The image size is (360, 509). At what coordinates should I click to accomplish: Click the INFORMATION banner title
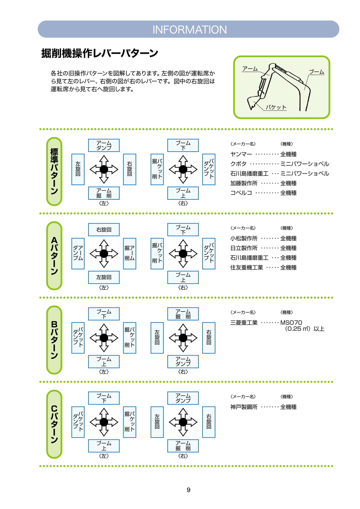click(190, 29)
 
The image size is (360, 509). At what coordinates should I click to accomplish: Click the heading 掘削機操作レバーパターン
click(100, 53)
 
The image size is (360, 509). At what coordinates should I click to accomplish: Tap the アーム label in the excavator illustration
click(250, 69)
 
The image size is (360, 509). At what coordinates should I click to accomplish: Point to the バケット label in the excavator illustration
click(276, 107)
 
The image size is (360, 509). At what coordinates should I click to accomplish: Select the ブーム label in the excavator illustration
click(317, 72)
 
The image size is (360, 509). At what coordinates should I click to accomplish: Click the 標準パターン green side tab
click(54, 171)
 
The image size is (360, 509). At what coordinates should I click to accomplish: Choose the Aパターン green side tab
click(54, 256)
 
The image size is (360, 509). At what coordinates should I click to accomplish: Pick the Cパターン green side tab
click(54, 424)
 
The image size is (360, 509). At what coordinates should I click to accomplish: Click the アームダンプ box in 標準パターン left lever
click(104, 145)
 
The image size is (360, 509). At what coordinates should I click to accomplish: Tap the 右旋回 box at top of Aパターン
click(104, 230)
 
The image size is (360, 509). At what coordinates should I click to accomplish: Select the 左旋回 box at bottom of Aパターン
click(104, 277)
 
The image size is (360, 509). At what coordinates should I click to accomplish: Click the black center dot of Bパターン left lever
click(104, 338)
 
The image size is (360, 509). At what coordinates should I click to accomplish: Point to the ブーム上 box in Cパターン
click(104, 446)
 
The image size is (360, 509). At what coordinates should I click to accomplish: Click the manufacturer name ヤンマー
click(241, 154)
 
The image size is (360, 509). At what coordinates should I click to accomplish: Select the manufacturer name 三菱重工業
click(244, 323)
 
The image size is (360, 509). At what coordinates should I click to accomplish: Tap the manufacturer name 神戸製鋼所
click(244, 407)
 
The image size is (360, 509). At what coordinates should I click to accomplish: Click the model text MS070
click(291, 323)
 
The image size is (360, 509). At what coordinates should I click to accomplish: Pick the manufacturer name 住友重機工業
click(247, 267)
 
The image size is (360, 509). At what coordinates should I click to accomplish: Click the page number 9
click(188, 490)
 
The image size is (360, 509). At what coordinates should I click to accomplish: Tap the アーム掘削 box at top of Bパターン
click(183, 314)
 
